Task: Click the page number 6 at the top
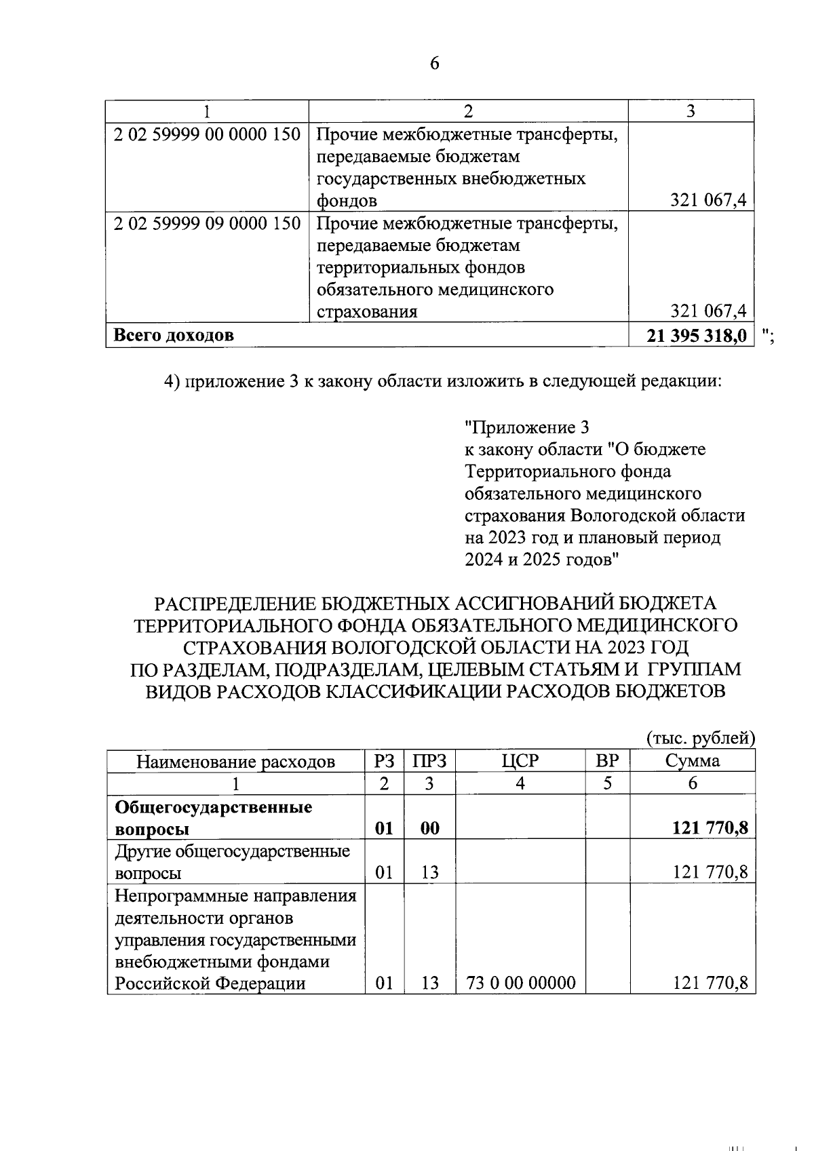(x=434, y=64)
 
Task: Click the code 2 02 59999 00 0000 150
(x=207, y=134)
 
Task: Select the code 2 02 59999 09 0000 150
(x=207, y=223)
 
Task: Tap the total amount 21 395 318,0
(x=697, y=335)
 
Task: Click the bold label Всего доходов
(x=174, y=335)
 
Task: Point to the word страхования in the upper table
(x=367, y=312)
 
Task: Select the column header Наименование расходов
(x=235, y=761)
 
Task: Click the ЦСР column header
(x=520, y=761)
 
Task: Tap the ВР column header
(x=607, y=761)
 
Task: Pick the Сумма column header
(x=692, y=761)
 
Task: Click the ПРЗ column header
(x=429, y=761)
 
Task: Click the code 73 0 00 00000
(x=520, y=983)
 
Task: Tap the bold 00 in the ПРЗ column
(x=429, y=828)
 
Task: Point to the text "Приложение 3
(x=526, y=428)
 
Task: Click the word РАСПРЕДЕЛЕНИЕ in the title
(x=235, y=603)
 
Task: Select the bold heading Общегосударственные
(x=214, y=807)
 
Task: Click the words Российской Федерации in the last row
(x=210, y=983)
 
